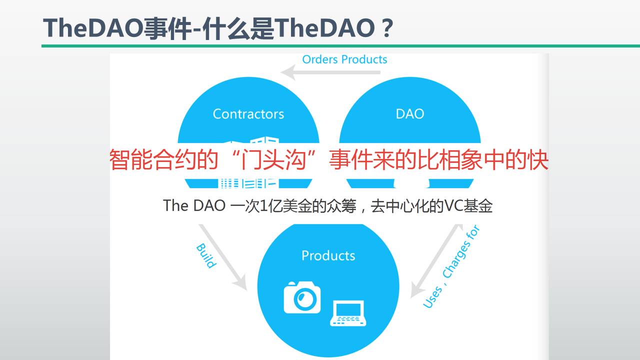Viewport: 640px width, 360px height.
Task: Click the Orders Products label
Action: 344,59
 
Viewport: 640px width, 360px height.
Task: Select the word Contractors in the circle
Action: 248,114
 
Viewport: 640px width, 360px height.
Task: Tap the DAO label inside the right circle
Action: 409,114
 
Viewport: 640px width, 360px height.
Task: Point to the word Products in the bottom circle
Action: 328,255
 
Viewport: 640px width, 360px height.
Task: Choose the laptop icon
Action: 348,313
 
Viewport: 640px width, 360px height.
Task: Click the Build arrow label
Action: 205,255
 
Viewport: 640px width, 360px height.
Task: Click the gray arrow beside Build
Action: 223,257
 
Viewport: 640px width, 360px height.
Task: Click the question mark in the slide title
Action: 385,28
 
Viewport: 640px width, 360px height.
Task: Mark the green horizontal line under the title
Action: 340,46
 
